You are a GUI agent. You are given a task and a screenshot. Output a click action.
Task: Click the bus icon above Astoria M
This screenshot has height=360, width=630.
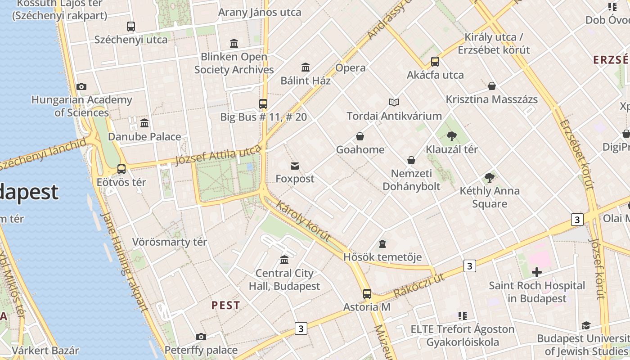(x=367, y=294)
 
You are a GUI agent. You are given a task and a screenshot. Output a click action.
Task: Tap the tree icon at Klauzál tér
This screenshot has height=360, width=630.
(x=452, y=136)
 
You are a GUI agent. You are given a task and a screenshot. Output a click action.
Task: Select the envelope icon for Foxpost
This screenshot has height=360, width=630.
(x=295, y=166)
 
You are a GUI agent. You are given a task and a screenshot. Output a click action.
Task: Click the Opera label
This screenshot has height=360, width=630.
(x=351, y=68)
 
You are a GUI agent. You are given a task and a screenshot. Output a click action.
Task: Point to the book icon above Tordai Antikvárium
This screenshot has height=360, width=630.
(x=394, y=103)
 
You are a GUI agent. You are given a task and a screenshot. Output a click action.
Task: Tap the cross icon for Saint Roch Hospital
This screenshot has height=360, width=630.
(x=536, y=272)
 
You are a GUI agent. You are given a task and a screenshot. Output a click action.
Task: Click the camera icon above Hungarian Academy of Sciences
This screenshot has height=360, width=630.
(x=81, y=87)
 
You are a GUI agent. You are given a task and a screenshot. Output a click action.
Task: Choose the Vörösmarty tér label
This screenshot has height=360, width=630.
(x=170, y=242)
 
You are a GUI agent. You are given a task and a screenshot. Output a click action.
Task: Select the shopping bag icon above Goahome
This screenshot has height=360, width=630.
(x=360, y=136)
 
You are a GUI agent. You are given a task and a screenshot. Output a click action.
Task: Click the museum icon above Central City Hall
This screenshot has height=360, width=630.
(x=284, y=260)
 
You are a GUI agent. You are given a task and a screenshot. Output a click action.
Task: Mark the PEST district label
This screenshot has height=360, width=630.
(x=226, y=305)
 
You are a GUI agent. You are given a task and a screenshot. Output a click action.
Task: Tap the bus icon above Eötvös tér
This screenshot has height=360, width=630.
(x=121, y=169)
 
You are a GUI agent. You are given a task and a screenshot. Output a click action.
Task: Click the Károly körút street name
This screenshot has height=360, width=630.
(x=303, y=221)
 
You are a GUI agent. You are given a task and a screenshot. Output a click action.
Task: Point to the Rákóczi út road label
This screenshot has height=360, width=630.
(x=419, y=285)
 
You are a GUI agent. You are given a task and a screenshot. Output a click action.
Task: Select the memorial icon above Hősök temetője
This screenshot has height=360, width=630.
(x=382, y=244)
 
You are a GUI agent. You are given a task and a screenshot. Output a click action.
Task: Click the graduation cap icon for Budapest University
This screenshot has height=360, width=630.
(x=586, y=325)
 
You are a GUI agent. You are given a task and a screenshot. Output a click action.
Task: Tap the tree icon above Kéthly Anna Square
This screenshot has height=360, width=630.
(x=490, y=178)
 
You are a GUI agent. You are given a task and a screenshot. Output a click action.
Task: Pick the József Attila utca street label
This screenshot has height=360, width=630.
(x=218, y=155)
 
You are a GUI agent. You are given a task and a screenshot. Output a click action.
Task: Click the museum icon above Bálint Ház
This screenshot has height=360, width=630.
(x=306, y=67)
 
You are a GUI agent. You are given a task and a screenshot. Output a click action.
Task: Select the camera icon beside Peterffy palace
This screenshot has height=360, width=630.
(x=201, y=337)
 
